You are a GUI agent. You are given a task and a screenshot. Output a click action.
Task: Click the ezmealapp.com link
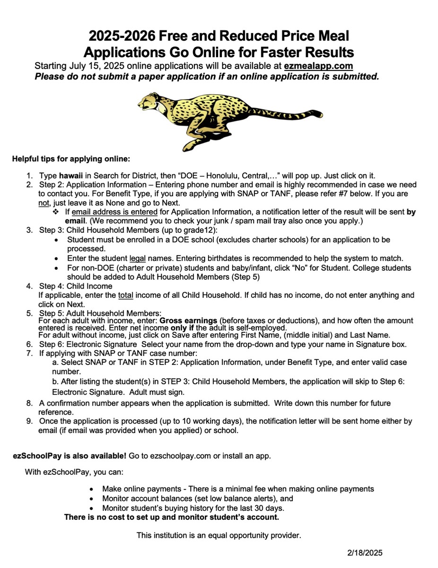318,66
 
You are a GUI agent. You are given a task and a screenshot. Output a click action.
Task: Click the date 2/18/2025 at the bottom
364,553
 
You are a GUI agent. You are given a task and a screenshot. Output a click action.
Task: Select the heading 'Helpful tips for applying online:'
71,159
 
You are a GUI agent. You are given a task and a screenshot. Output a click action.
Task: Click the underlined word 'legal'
138,258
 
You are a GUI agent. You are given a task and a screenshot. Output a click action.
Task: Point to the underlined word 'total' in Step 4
125,295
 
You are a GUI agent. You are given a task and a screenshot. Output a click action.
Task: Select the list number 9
29,421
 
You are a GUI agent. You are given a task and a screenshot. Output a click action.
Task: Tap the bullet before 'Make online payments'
92,489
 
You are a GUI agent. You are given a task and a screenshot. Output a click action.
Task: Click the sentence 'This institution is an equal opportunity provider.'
219,535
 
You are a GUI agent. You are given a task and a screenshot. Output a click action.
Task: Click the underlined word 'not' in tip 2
44,203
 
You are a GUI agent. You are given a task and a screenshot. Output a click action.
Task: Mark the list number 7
29,353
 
